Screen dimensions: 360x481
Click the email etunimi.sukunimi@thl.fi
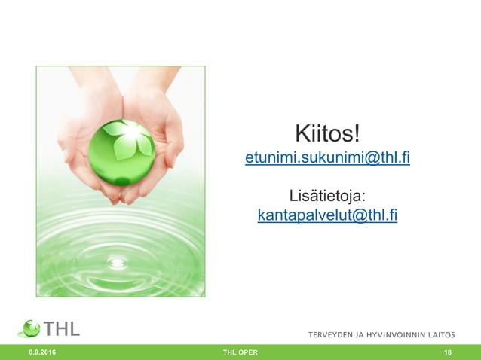coord(327,160)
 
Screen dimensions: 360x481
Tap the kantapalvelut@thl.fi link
coord(327,216)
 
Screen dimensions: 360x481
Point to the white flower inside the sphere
coord(128,139)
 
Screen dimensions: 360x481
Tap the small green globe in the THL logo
coord(30,328)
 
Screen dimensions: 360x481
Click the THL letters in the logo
coord(63,328)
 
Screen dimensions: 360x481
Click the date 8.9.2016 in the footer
coord(42,352)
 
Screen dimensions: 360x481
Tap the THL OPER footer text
coord(240,352)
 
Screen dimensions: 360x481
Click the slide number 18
coord(448,352)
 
